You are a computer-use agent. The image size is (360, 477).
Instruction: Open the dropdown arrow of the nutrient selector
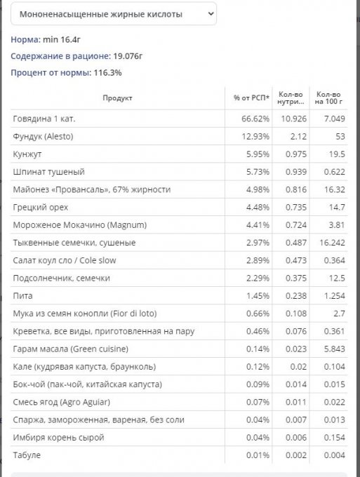[211, 14]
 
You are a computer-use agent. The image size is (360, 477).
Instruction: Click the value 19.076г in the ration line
[128, 56]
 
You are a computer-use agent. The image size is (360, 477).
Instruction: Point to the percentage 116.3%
[108, 73]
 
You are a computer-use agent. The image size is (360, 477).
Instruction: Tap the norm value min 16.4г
[62, 39]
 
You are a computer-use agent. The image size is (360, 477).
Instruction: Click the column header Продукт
[117, 98]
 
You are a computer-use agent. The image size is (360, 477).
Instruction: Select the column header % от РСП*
[251, 98]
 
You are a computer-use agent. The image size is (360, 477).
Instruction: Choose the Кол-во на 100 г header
[328, 98]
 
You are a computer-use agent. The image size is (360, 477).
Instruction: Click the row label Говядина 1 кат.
[44, 119]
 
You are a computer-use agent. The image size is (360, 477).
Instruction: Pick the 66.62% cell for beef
[255, 119]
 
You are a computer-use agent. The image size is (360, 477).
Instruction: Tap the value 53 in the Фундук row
[340, 136]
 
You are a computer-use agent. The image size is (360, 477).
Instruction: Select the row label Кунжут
[27, 154]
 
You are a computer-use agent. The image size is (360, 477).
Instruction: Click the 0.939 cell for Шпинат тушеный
[296, 172]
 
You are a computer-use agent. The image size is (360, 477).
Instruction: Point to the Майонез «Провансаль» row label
[92, 189]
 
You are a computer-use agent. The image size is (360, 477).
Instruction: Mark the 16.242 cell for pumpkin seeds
[333, 243]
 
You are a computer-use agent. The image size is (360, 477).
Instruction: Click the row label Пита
[22, 296]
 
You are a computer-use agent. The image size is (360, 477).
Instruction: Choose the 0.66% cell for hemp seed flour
[258, 314]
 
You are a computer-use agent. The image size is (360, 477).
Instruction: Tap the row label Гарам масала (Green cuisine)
[71, 349]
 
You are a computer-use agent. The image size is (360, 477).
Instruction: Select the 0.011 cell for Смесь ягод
[296, 402]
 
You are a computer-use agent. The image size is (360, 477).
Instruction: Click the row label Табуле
[27, 455]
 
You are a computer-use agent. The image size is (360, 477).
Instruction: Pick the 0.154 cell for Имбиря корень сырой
[335, 438]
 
